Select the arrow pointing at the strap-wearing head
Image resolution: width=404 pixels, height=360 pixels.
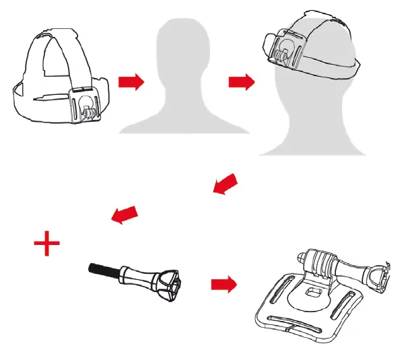click(x=242, y=82)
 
